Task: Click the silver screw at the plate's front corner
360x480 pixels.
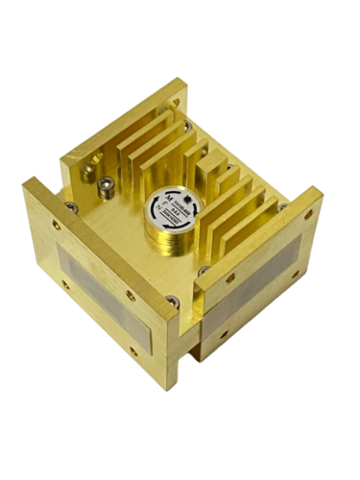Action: click(171, 302)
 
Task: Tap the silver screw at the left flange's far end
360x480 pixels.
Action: click(71, 205)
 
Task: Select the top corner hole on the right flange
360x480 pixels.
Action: click(310, 199)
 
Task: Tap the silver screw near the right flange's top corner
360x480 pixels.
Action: click(283, 206)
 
